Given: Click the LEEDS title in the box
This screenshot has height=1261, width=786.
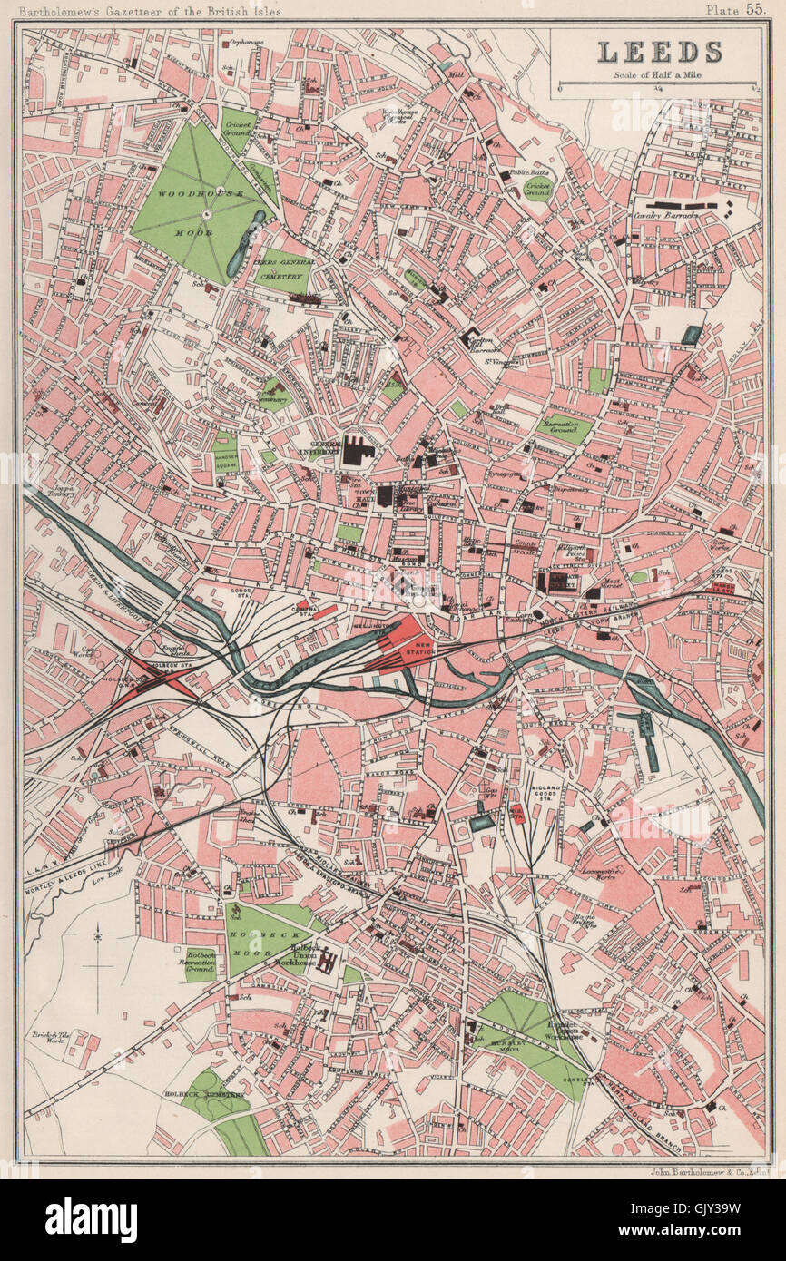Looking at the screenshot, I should pyautogui.click(x=659, y=52).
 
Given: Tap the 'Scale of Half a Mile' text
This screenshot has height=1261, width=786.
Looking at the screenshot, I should pyautogui.click(x=659, y=73).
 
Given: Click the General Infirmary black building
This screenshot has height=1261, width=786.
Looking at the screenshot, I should pyautogui.click(x=358, y=449).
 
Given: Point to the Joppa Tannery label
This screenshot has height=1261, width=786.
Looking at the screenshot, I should pyautogui.click(x=62, y=489).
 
